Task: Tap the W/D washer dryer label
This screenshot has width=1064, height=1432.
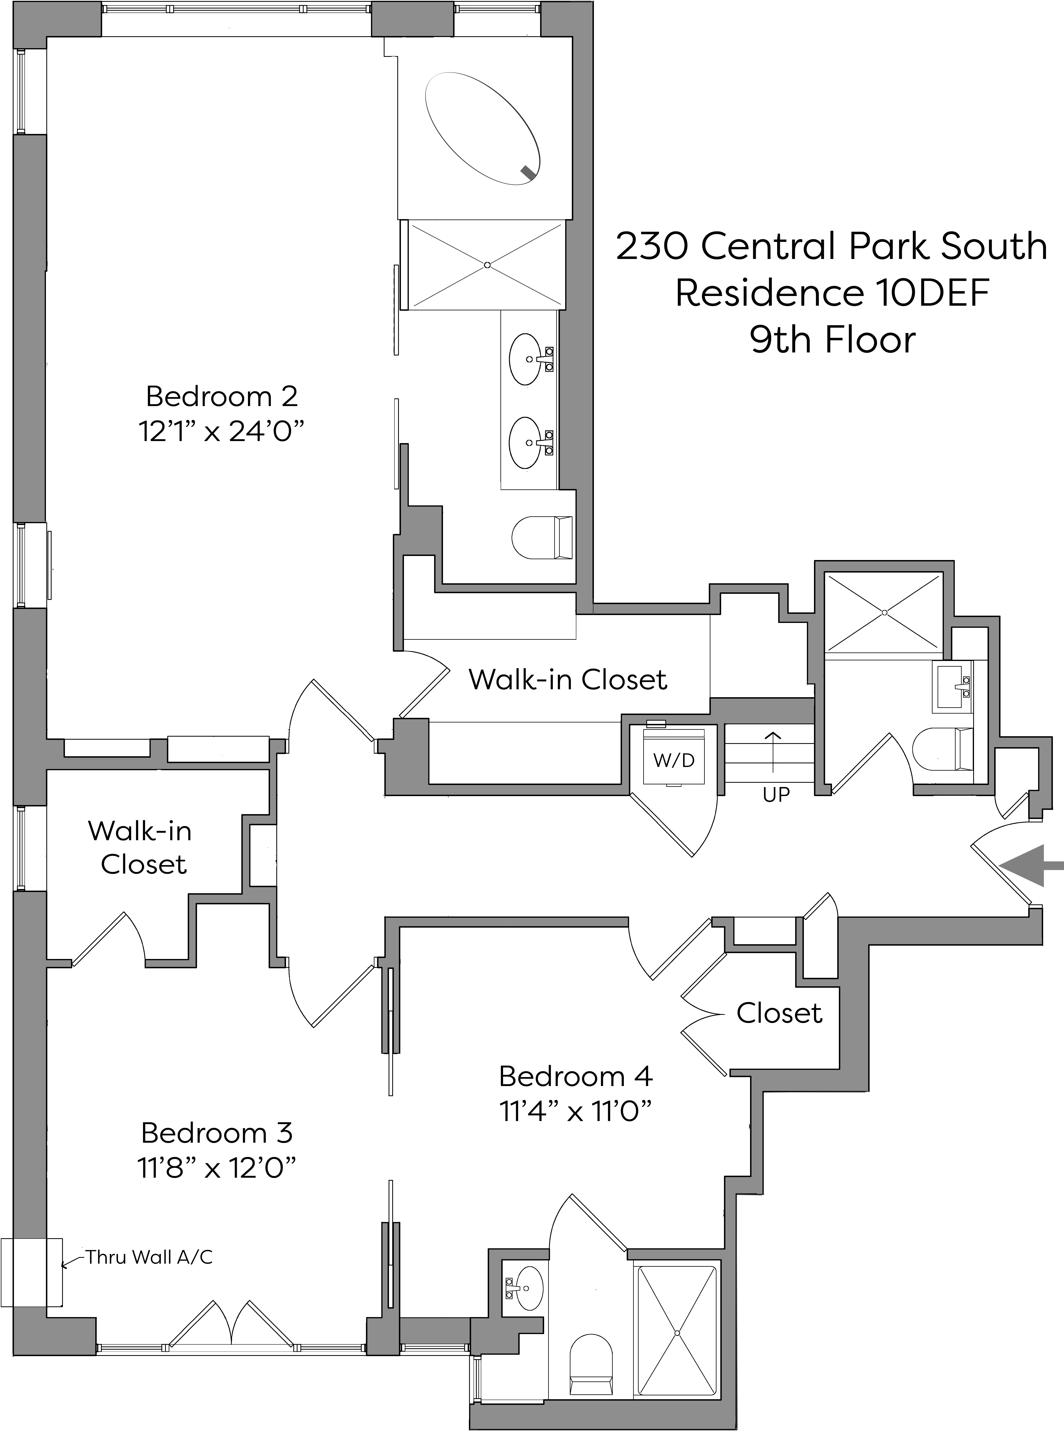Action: [x=674, y=760]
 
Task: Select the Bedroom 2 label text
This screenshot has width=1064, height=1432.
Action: [x=221, y=396]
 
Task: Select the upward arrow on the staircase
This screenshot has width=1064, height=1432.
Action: [x=772, y=750]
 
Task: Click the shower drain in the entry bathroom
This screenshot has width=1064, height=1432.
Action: [x=884, y=612]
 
